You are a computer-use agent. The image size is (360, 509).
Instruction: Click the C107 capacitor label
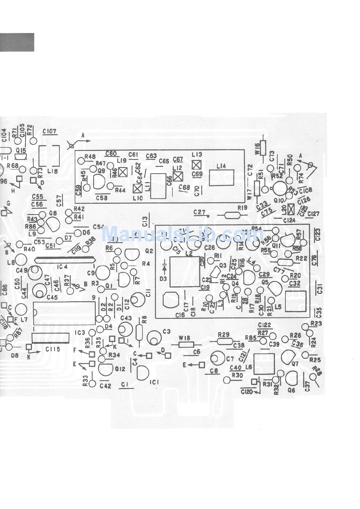(x=50, y=131)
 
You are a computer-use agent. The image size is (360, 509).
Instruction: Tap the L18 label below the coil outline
(x=53, y=171)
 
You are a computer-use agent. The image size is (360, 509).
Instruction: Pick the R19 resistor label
(x=242, y=207)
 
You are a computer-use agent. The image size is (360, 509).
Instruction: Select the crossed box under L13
(x=196, y=165)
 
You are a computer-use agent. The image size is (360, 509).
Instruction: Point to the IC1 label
(x=154, y=382)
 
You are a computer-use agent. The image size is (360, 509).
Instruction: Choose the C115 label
(x=53, y=349)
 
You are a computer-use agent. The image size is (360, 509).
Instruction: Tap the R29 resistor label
(x=224, y=334)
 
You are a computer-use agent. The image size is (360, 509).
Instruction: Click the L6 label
(x=249, y=367)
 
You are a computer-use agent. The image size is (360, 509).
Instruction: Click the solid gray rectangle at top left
(x=17, y=42)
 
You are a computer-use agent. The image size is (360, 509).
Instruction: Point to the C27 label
(x=199, y=212)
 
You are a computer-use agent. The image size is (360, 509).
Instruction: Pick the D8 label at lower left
(x=15, y=355)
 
